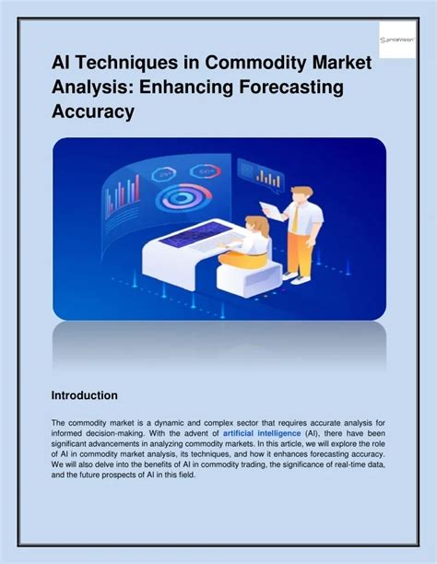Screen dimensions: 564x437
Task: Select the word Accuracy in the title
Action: (x=93, y=112)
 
